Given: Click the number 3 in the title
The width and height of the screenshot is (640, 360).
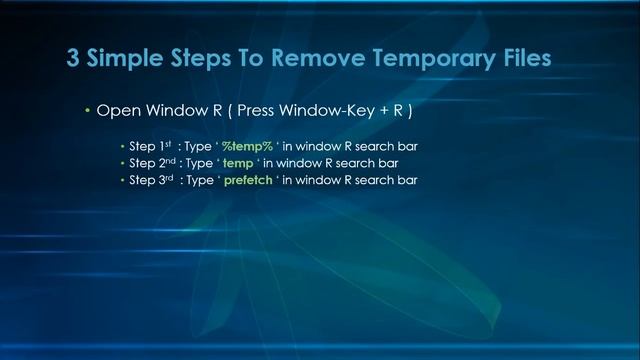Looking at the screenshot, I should [74, 58].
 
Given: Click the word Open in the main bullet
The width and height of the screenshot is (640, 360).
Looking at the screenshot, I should [116, 111].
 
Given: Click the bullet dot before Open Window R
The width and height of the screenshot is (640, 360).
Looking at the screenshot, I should [87, 111].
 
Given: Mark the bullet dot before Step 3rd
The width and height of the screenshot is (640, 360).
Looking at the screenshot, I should [123, 180].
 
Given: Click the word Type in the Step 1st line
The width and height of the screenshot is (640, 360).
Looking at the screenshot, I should [195, 146].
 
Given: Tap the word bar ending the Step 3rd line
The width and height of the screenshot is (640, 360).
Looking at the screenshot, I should [406, 180].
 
